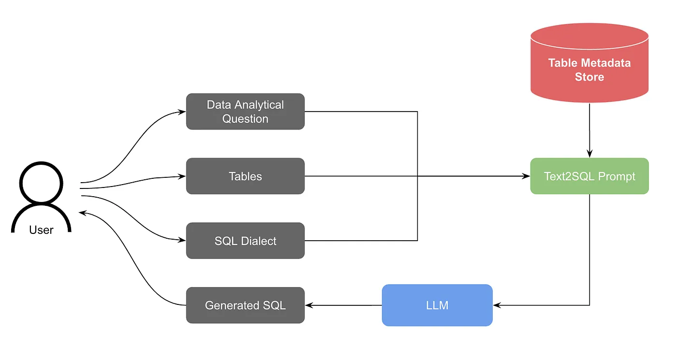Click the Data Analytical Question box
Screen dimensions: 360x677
coord(245,112)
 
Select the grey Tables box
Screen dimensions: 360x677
coord(245,176)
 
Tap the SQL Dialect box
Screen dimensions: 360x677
coord(245,241)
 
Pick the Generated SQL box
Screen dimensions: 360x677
coord(245,305)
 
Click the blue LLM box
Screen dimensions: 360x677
coord(437,305)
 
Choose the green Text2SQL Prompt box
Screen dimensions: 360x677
coord(589,176)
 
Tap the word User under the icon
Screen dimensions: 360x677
coord(41,230)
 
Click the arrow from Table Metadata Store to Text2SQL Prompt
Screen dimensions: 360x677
coord(589,130)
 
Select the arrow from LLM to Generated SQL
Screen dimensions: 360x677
coord(343,305)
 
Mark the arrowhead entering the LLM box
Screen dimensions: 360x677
coord(496,305)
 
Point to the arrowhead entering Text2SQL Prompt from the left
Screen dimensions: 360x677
coord(527,176)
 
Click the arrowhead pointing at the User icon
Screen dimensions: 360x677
coord(83,213)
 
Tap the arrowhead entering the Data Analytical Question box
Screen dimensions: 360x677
coord(183,112)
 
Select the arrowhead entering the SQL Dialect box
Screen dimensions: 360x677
coord(183,241)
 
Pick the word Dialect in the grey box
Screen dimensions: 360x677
coord(260,241)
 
